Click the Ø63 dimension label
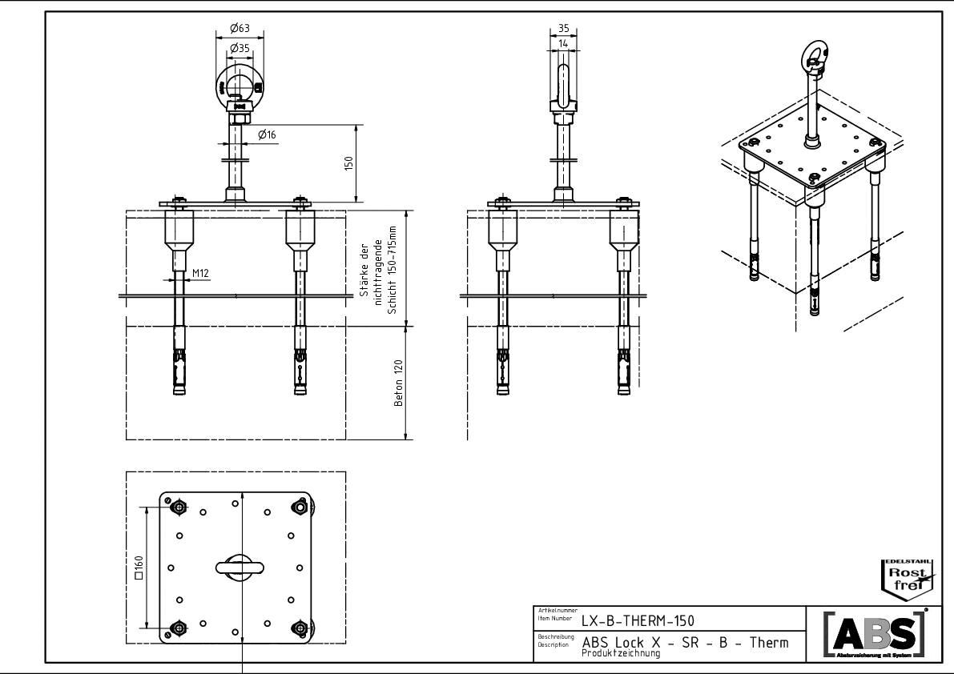click(240, 29)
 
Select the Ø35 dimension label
click(240, 49)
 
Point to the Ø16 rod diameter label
click(267, 135)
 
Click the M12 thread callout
click(200, 274)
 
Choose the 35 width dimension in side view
click(564, 27)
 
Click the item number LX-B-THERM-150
click(638, 620)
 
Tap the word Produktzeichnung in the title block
click(621, 654)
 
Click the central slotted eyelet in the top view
click(240, 567)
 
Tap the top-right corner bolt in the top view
click(300, 507)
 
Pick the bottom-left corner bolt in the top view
click(178, 627)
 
